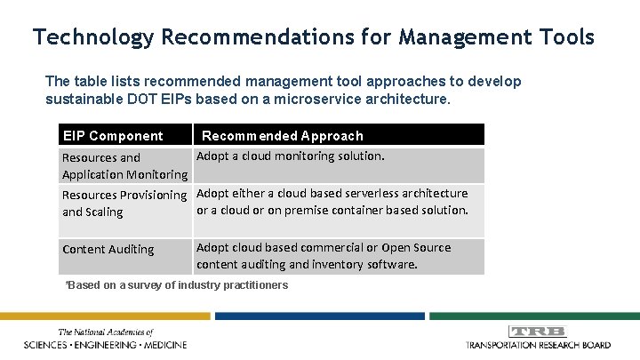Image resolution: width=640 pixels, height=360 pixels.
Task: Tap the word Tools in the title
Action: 560,37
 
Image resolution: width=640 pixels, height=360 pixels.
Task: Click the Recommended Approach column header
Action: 283,136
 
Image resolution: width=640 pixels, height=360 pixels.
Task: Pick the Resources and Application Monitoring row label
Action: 124,166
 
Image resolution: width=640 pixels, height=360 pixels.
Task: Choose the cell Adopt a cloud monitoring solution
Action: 290,156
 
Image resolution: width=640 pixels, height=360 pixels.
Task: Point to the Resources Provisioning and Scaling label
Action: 124,204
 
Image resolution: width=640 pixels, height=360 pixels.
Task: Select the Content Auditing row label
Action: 107,250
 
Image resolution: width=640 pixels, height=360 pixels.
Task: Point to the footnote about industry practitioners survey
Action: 178,285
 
